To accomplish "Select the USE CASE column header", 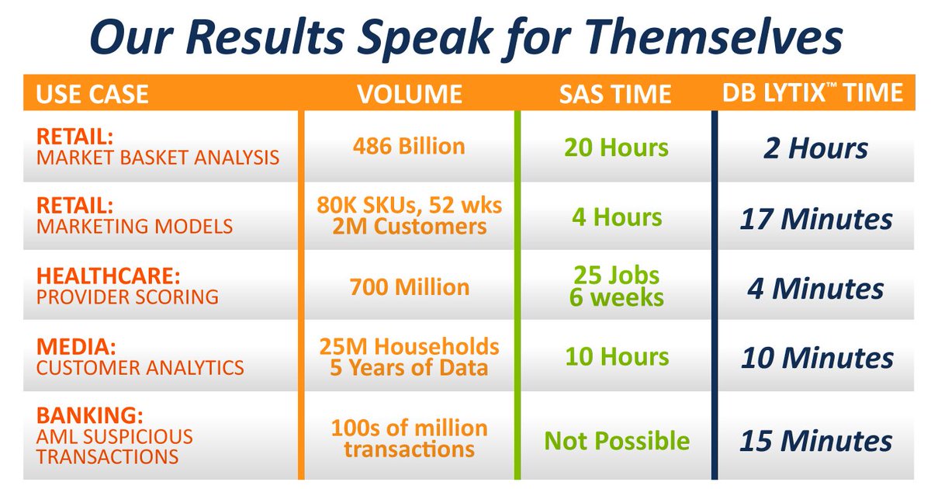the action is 92,94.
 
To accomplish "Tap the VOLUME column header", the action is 410,94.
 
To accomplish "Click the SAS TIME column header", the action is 615,94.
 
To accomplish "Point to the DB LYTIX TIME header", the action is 812,92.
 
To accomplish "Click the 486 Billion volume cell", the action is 409,147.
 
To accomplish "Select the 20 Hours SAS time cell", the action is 616,147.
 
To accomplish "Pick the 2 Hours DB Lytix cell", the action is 815,148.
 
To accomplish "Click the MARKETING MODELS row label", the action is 135,227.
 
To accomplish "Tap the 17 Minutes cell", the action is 816,219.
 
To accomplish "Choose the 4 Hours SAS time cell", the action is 617,217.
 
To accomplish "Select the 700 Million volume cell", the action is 410,287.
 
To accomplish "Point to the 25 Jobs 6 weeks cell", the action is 616,286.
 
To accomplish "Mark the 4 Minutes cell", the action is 815,289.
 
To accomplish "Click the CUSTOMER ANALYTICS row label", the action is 140,368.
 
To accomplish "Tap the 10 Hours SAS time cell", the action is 617,357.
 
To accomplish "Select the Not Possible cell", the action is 617,441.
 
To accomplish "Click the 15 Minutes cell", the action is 816,441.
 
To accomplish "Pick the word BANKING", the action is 90,415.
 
